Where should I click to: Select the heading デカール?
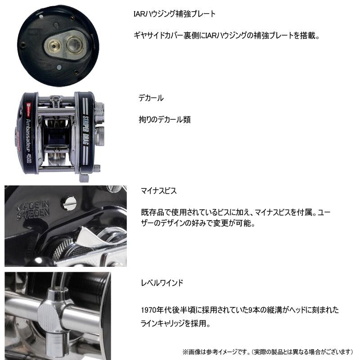point(151,98)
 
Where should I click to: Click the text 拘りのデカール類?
point(165,120)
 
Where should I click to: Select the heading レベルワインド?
point(161,283)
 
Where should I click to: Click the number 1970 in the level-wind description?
point(148,310)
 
